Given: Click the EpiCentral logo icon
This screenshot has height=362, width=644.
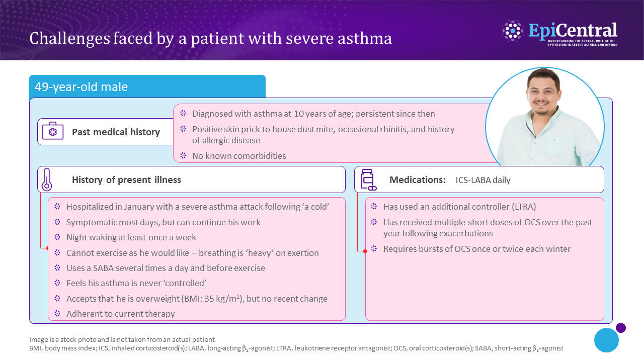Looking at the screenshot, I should pyautogui.click(x=513, y=31).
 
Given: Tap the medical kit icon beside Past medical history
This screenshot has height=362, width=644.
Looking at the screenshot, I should pyautogui.click(x=53, y=132).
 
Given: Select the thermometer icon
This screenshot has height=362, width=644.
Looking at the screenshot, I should pyautogui.click(x=47, y=179).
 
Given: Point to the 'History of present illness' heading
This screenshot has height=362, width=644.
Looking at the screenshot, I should pyautogui.click(x=126, y=180).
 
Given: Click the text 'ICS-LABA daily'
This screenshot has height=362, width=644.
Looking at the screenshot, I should pyautogui.click(x=483, y=180).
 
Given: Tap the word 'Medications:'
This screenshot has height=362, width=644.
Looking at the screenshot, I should pyautogui.click(x=417, y=180).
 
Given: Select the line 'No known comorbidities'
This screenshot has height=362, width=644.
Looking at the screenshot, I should pyautogui.click(x=239, y=156).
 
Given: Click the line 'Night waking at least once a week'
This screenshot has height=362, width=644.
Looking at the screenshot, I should pyautogui.click(x=131, y=237).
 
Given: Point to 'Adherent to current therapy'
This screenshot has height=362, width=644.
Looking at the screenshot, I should pyautogui.click(x=121, y=314).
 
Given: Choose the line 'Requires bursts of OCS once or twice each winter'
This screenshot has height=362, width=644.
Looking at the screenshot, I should pyautogui.click(x=477, y=249).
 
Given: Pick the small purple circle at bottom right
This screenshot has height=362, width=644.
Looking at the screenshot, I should pyautogui.click(x=621, y=328).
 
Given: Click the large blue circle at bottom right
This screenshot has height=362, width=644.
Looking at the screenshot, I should pyautogui.click(x=606, y=340).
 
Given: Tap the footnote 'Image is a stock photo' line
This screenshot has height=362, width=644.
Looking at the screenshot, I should pyautogui.click(x=122, y=339).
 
